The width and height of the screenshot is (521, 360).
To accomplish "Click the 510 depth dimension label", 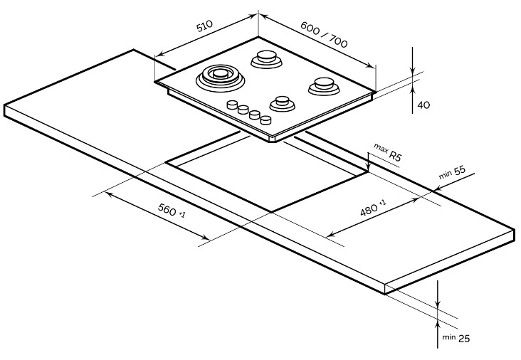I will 204,27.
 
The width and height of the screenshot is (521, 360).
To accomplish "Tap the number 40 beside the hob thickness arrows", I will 423,105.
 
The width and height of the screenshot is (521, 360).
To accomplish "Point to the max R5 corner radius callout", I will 388,153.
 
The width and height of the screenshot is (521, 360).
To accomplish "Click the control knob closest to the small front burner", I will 265,119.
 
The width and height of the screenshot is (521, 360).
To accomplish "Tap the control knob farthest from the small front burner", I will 231,105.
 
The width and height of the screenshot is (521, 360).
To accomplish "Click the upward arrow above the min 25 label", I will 438,328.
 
